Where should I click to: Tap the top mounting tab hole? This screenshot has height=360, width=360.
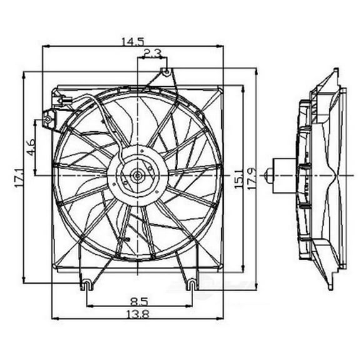[x=165, y=71]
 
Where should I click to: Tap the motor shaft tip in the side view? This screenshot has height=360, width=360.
[x=267, y=174]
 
